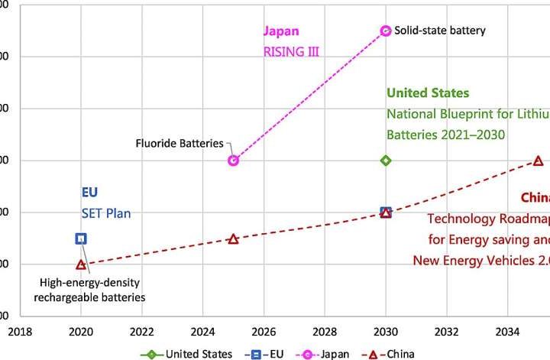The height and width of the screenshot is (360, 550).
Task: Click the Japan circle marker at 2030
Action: pos(386,31)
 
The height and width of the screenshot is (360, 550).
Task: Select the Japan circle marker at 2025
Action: pos(233,161)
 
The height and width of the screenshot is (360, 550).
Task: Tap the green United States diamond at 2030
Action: pos(386,161)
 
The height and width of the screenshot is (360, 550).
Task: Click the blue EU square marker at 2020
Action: pos(81,238)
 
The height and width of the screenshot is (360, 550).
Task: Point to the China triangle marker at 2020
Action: pos(81,264)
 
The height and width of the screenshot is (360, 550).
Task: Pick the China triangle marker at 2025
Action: pos(233,238)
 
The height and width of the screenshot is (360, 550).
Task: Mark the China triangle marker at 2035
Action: pos(538,161)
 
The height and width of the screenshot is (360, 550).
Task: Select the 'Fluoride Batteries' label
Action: pos(180,143)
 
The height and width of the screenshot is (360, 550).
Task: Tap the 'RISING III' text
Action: pos(291,52)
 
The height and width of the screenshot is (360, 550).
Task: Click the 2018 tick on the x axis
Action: pos(19,332)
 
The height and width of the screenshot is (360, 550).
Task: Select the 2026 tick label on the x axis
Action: pos(264,332)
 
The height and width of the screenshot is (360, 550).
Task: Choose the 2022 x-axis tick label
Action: pos(141,332)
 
